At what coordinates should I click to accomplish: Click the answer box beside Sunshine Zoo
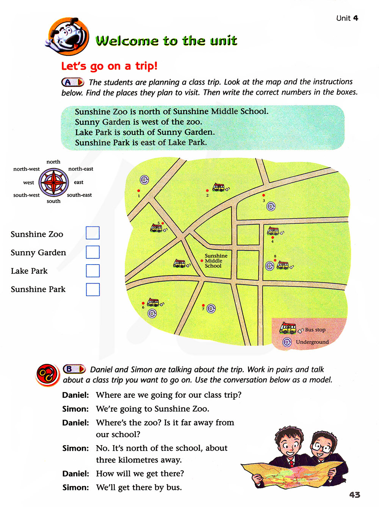click(x=92, y=233)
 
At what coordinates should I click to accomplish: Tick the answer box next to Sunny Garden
click(x=92, y=252)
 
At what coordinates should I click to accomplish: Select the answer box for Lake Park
click(x=92, y=271)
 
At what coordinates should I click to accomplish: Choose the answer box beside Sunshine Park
click(x=92, y=290)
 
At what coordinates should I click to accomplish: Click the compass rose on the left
click(x=54, y=182)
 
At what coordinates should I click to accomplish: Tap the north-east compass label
click(x=80, y=169)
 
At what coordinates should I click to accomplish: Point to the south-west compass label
click(x=26, y=195)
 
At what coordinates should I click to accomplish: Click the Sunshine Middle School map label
click(x=216, y=261)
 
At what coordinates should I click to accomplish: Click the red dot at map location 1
click(x=139, y=191)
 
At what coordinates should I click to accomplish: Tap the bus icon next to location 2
click(x=219, y=187)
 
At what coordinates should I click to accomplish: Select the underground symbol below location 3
click(x=271, y=206)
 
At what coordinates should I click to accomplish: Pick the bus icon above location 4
click(x=273, y=231)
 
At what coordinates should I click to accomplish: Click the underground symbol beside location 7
click(x=211, y=309)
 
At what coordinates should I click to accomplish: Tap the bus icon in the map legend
click(x=288, y=328)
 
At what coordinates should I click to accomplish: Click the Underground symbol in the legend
click(x=287, y=342)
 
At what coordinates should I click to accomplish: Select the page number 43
click(x=354, y=494)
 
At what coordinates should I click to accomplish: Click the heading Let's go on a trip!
click(x=109, y=66)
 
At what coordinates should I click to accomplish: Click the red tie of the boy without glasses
click(x=291, y=463)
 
